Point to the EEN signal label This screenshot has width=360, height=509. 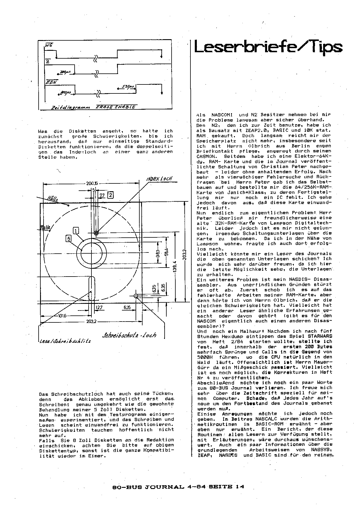coord(51,82)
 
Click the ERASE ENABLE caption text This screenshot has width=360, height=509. coord(116,107)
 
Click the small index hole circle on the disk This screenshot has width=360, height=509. coord(97,233)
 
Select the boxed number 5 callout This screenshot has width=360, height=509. coord(69,238)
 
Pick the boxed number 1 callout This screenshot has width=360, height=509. coord(76,231)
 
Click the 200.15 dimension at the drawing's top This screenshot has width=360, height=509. coord(91,183)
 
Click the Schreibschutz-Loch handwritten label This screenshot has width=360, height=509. coord(129,335)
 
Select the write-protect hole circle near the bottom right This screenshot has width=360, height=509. coord(136,296)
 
